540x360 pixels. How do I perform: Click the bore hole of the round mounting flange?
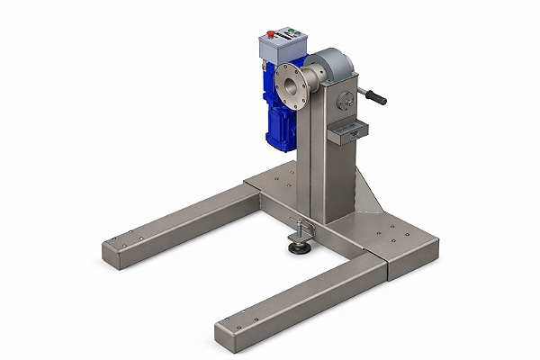coord(290,88)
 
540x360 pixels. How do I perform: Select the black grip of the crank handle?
coord(375,96)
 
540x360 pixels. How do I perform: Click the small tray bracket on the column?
coord(344,134)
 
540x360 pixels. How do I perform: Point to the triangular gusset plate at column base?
coord(366,193)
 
